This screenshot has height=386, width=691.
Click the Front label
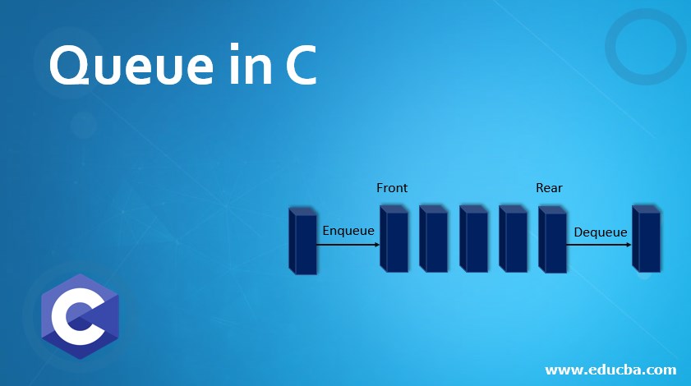click(x=392, y=188)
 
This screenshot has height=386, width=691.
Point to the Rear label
click(x=549, y=188)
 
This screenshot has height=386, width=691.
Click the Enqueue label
click(x=348, y=231)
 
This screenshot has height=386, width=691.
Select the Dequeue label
click(x=601, y=232)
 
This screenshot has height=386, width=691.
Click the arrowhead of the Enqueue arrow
click(x=377, y=244)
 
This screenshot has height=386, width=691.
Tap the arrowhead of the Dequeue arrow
click(x=629, y=244)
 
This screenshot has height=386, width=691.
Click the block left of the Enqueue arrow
click(x=303, y=241)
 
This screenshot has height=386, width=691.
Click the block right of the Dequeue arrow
click(x=647, y=239)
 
